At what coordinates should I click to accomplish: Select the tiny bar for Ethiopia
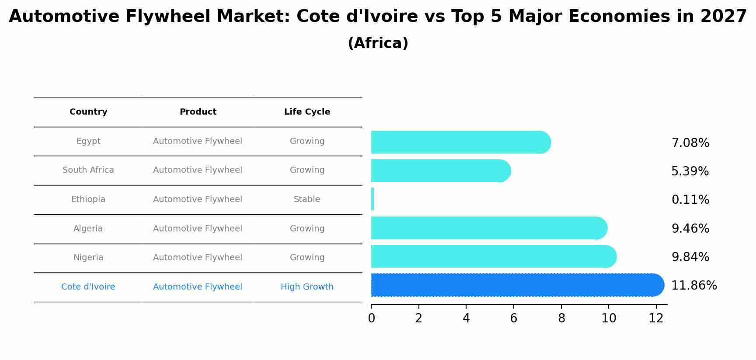click(373, 199)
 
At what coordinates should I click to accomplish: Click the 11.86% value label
click(694, 286)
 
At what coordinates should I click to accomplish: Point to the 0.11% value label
click(690, 200)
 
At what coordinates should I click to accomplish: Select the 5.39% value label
click(690, 171)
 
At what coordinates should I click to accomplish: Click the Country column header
click(88, 112)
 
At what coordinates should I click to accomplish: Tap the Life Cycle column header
click(307, 112)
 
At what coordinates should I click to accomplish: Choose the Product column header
click(198, 112)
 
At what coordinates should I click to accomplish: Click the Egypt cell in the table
click(88, 141)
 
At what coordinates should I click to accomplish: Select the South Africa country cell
click(88, 170)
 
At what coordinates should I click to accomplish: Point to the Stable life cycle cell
click(307, 199)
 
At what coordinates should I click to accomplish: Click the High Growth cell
click(307, 287)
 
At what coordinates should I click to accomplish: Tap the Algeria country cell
click(88, 229)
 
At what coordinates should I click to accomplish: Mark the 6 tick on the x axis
click(514, 318)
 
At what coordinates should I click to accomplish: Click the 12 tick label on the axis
click(656, 318)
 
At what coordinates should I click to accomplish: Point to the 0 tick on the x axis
click(371, 318)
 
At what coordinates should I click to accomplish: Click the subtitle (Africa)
click(378, 43)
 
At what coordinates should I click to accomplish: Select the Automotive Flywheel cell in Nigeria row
click(198, 258)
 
